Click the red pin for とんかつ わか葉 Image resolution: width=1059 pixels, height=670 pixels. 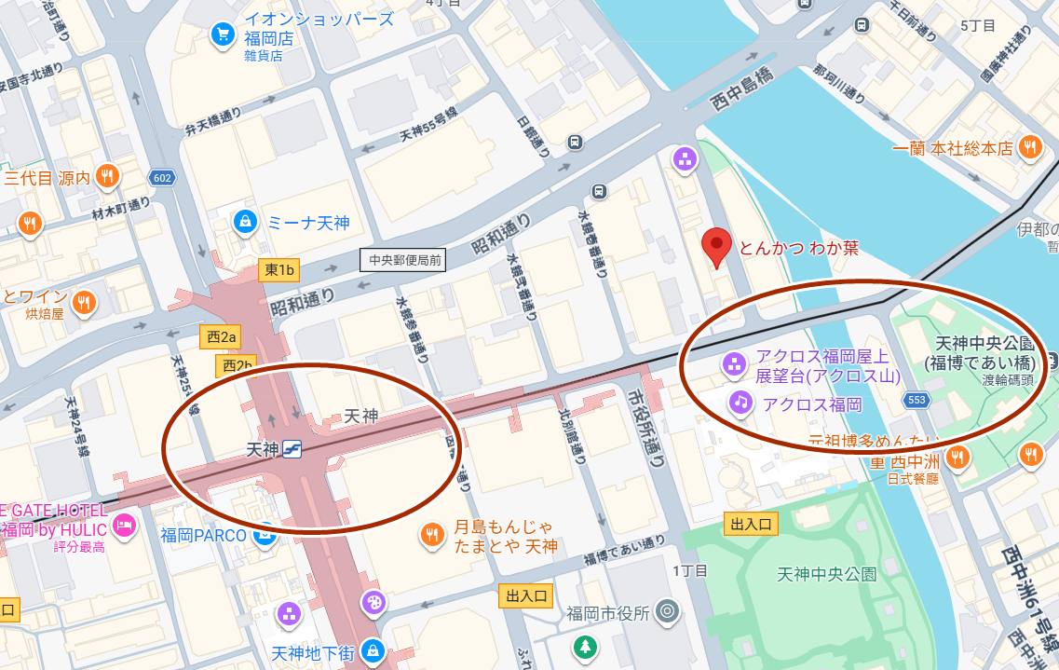tap(716, 247)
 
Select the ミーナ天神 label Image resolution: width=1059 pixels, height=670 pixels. tap(307, 223)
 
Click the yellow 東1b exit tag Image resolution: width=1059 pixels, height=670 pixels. tap(278, 270)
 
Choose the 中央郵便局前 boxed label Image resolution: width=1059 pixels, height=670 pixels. tap(403, 261)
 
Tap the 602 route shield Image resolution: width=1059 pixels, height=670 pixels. tap(162, 178)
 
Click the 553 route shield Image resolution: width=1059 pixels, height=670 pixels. tap(916, 400)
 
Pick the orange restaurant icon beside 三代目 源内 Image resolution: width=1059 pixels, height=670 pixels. tap(109, 176)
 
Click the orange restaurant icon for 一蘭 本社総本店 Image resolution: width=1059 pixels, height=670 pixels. tap(1029, 146)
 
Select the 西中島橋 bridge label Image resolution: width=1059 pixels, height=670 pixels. tap(741, 86)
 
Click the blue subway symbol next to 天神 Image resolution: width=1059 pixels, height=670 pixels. tap(292, 449)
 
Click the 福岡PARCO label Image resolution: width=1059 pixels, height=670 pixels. tap(203, 536)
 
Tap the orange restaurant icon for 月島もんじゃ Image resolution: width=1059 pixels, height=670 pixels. tap(431, 534)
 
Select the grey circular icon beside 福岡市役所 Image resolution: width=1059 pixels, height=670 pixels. tap(666, 612)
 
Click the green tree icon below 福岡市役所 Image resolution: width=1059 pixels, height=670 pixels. tap(585, 646)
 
